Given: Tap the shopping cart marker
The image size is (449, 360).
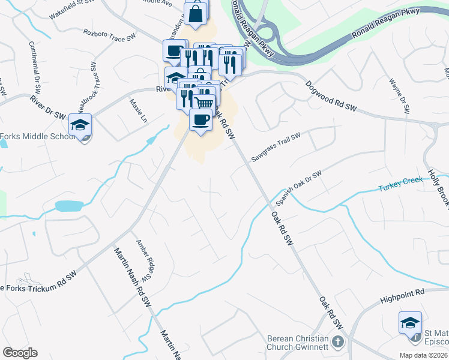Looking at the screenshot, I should (x=205, y=103).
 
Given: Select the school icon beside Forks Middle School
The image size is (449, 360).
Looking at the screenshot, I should (x=80, y=125).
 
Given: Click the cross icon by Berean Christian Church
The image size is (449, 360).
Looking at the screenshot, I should (x=338, y=343).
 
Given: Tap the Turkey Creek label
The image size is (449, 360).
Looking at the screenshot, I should (x=397, y=187).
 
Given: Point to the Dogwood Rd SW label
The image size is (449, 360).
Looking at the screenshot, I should (x=331, y=96).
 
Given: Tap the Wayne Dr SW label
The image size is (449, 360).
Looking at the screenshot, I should (x=399, y=95).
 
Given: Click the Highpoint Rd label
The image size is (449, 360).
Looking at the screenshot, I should (x=402, y=296).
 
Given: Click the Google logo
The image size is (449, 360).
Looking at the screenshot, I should (x=20, y=353).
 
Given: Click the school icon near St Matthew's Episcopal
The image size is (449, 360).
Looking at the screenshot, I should (x=410, y=323).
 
